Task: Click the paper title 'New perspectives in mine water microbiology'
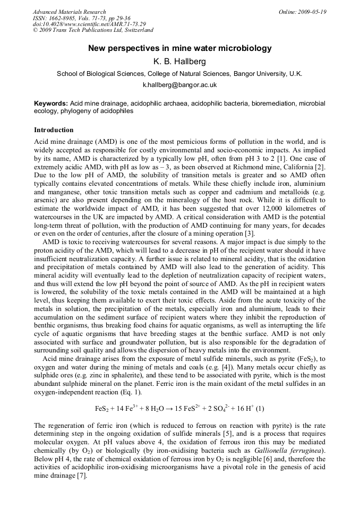[x=179, y=48]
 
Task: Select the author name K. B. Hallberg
[x=179, y=62]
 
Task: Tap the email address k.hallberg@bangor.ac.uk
[x=179, y=85]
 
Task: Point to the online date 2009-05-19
[x=313, y=12]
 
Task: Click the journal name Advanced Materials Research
[x=70, y=12]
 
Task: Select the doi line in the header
[x=89, y=24]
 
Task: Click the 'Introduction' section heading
[x=54, y=130]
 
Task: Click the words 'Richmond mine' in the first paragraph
[x=235, y=167]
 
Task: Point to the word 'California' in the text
[x=297, y=167]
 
